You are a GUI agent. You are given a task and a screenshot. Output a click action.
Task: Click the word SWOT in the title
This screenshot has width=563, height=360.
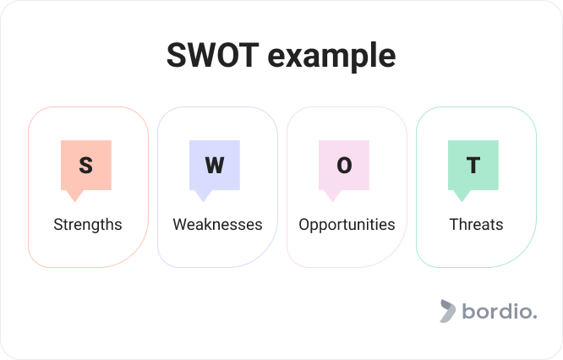(212, 55)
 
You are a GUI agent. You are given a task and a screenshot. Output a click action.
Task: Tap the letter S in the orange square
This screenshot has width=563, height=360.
(86, 165)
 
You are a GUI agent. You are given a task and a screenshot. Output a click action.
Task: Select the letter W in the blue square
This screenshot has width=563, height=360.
(215, 165)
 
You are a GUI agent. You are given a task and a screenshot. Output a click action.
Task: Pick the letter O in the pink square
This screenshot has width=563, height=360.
(344, 165)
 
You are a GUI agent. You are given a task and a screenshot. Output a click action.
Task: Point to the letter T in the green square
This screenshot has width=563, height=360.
(473, 165)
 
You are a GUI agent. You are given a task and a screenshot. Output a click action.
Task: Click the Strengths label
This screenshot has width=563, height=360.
(88, 225)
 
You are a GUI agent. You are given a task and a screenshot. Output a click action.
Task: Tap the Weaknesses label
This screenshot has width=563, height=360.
(217, 225)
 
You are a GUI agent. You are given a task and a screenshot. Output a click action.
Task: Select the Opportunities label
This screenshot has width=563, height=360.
(347, 225)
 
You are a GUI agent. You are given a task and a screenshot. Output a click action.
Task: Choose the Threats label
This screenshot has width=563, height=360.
(476, 224)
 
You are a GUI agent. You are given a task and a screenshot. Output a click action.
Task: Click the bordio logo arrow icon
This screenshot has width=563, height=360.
(448, 311)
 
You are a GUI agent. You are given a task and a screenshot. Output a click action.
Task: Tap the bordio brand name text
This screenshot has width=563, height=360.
(500, 311)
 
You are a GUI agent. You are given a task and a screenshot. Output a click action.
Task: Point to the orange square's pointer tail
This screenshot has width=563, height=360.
(75, 195)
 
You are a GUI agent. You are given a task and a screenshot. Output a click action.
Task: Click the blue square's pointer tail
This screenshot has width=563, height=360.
(203, 195)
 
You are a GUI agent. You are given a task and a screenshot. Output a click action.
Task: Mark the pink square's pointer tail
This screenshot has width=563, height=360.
(332, 195)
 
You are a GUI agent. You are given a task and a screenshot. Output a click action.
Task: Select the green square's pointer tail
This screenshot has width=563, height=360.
(462, 195)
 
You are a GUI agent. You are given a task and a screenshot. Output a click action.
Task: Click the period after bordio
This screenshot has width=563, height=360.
(535, 317)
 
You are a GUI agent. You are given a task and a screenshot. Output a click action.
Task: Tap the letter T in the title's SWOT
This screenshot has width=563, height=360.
(248, 55)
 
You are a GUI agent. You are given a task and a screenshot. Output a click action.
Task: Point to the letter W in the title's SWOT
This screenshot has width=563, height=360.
(201, 55)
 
